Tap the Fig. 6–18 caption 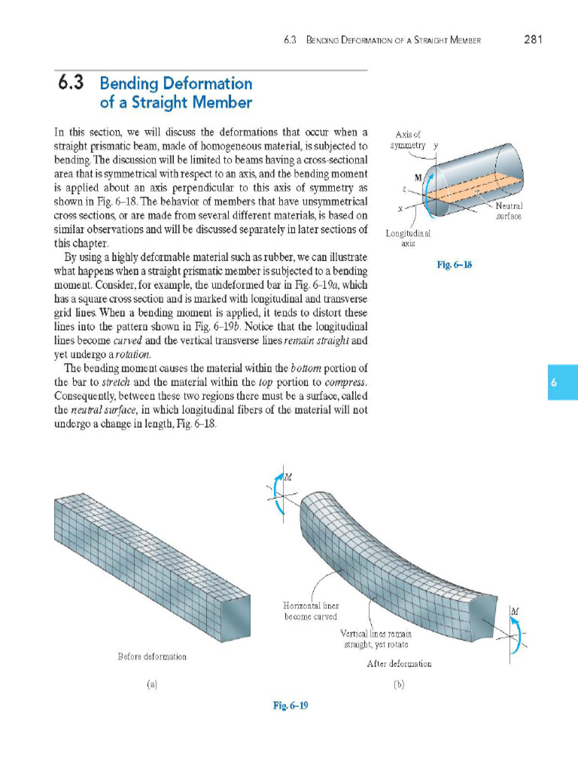coord(454,265)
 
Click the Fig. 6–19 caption coord(290,705)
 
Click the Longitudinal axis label coord(408,238)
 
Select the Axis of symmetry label coord(410,139)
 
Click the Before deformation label coord(152,656)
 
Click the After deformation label coord(399,664)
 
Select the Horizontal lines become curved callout coord(311,611)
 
